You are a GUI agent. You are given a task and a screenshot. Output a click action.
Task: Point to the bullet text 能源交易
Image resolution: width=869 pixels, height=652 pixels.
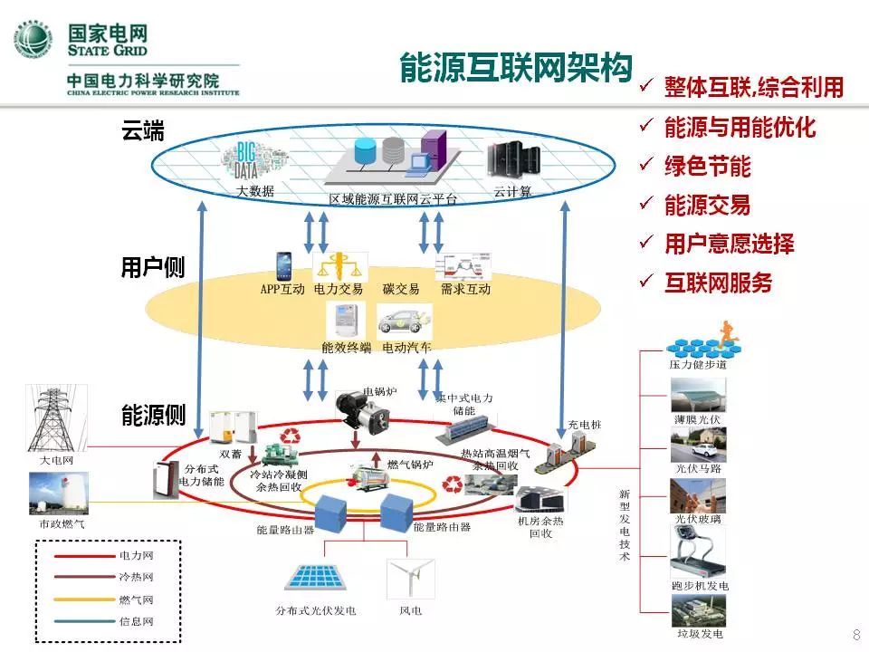707,205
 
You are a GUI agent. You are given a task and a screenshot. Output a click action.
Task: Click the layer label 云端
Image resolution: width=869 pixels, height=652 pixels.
143,130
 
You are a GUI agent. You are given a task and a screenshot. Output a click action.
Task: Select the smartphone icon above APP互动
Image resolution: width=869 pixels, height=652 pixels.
283,265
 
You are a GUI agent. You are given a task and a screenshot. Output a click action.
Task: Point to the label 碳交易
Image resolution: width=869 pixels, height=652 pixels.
401,290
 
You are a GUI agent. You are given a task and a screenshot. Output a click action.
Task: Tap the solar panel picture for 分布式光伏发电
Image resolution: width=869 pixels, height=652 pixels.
316,578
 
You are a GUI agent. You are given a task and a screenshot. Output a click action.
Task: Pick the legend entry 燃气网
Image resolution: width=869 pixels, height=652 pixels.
136,599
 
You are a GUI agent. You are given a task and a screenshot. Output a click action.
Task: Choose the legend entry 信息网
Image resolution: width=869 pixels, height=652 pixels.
136,622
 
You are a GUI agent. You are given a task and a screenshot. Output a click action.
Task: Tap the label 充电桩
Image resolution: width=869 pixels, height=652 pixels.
584,425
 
